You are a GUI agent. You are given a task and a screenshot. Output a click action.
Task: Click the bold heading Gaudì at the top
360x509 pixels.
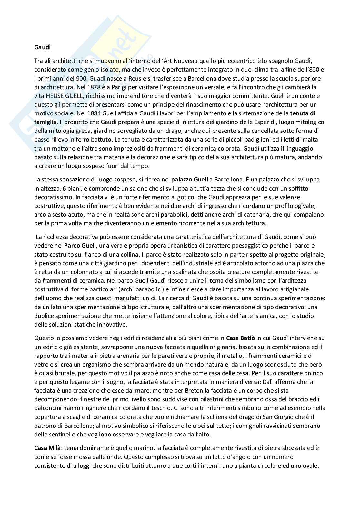point(42,47)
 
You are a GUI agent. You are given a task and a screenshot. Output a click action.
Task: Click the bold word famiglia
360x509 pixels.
point(45,122)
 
